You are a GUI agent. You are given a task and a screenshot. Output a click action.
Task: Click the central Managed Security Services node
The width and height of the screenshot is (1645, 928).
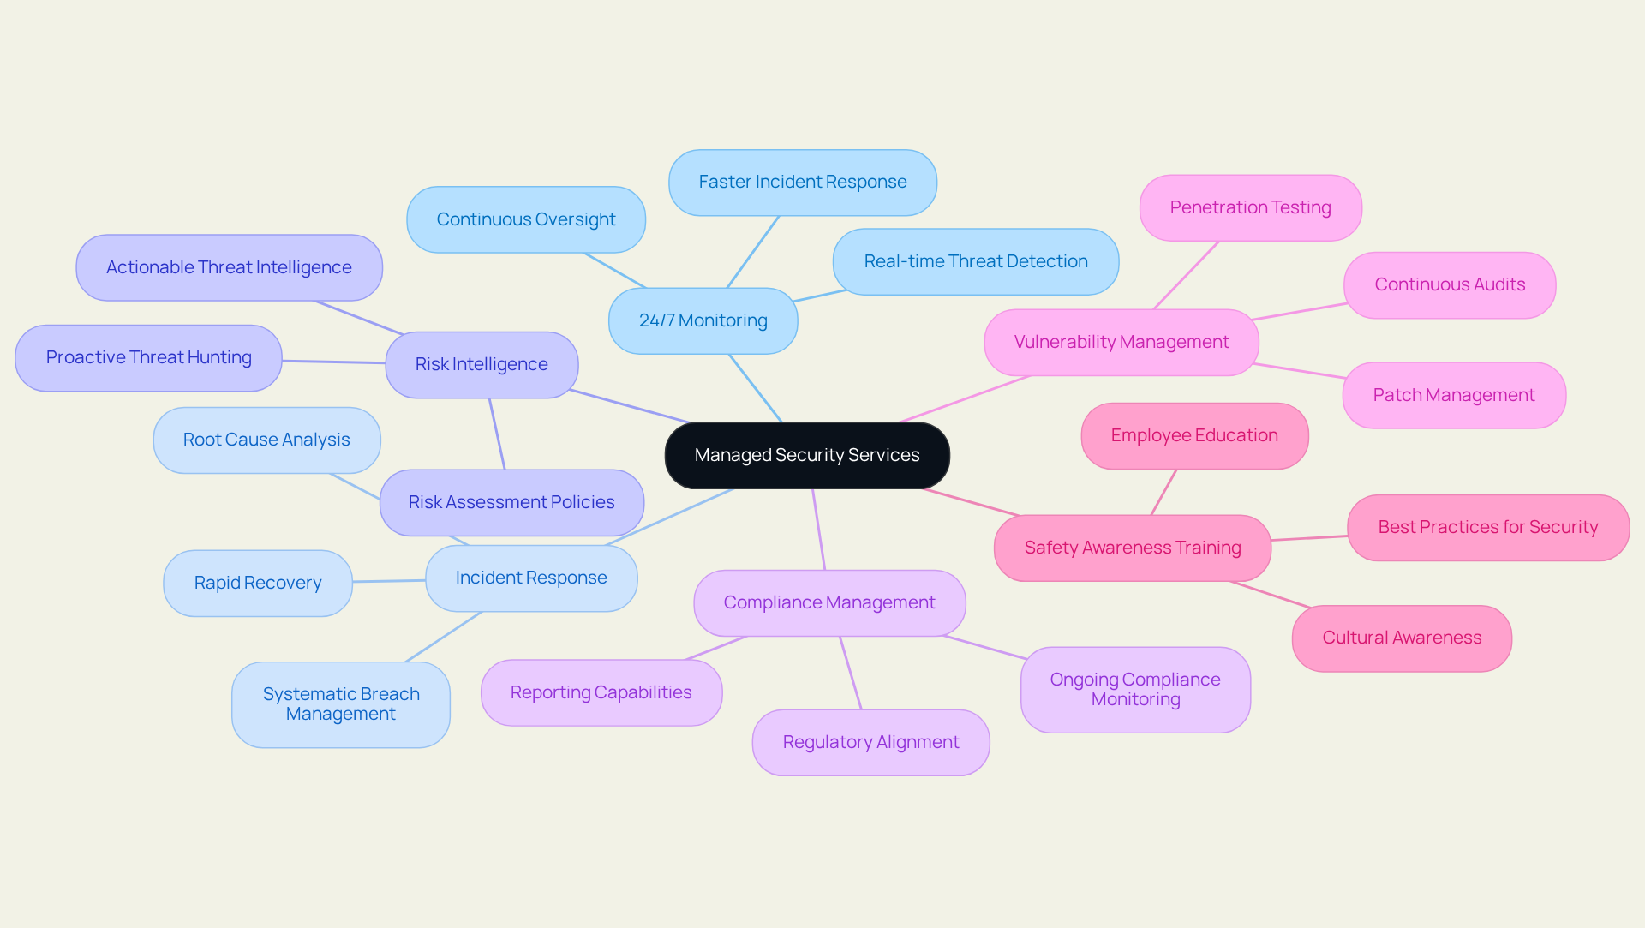(x=807, y=455)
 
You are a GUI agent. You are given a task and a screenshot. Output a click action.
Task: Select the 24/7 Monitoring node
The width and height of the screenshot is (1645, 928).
(x=703, y=320)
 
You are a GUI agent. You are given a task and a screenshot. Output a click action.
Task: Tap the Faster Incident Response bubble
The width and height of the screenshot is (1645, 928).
(x=802, y=182)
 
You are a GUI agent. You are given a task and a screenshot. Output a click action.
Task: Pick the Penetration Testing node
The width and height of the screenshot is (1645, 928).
(x=1250, y=207)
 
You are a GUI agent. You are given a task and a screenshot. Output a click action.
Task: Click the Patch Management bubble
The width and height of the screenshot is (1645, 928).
(x=1453, y=395)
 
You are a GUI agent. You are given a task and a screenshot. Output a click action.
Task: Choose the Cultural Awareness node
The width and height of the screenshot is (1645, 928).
(x=1401, y=638)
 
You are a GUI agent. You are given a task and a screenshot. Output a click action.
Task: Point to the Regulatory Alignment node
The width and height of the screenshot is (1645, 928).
(x=870, y=742)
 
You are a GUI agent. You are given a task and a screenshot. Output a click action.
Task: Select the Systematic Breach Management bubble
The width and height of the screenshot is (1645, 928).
(x=340, y=703)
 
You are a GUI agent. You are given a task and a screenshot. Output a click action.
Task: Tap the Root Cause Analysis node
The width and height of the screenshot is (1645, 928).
(x=266, y=440)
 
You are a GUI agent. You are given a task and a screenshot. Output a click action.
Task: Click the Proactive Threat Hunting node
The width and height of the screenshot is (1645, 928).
(x=148, y=357)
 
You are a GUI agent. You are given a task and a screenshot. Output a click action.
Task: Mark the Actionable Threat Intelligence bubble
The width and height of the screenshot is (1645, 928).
(x=229, y=267)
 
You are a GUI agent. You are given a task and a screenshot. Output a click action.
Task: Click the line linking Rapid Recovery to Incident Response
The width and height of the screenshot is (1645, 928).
(x=389, y=581)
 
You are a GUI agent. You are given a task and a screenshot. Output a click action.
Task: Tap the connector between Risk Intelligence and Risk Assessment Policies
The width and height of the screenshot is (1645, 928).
(x=497, y=434)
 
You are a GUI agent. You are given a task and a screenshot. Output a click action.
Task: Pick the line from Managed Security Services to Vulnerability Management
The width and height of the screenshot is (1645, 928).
(x=964, y=399)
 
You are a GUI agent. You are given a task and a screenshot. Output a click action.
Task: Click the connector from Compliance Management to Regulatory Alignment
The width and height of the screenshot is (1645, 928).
(x=851, y=673)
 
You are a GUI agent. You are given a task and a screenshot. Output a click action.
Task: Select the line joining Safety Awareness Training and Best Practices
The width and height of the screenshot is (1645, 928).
(x=1309, y=538)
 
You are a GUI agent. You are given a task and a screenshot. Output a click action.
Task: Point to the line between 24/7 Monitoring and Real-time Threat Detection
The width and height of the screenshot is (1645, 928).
(x=820, y=296)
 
